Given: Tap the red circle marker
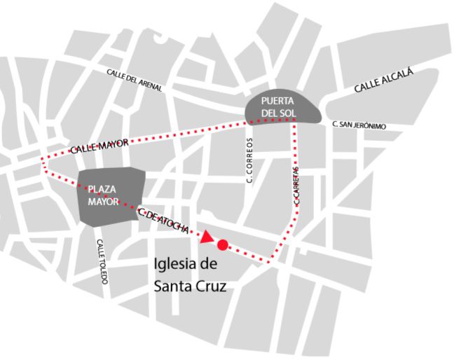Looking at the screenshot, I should [223, 245].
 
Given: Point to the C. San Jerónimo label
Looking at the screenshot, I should [359, 125].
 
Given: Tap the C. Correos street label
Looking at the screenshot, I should [249, 160].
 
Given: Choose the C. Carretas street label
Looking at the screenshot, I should [297, 186].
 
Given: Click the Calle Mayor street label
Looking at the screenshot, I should [99, 146].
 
